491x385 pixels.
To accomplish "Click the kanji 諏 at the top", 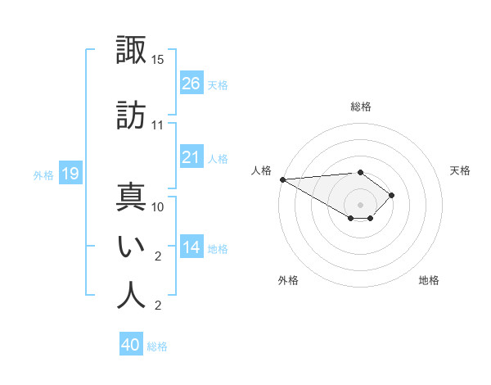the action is tap(131, 49).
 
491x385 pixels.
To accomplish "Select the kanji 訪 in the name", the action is tap(131, 115).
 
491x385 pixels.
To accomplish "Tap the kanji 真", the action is tap(131, 197).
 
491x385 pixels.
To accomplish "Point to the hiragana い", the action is tap(131, 247).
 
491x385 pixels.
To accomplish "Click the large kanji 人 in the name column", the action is tap(131, 295).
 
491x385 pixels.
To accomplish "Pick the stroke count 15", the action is tap(157, 60).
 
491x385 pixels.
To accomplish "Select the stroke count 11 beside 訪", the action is tap(157, 125).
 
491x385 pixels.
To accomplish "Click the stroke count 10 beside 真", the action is tap(157, 207).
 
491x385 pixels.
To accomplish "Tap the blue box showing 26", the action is tap(191, 83).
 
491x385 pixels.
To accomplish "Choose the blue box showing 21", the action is tap(191, 156).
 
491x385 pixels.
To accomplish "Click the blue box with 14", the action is tap(191, 246).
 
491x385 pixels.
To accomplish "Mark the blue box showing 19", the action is tap(70, 173).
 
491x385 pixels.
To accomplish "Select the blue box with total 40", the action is tap(131, 343).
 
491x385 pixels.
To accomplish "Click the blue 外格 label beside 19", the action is tap(43, 175).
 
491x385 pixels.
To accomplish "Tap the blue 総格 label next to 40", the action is tap(157, 346).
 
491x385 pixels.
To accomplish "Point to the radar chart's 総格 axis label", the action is tap(361, 106).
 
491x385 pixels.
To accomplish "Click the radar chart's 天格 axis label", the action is tap(460, 170).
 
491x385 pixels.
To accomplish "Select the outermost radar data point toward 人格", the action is tap(283, 179).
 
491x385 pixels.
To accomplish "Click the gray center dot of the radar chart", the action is tap(360, 205).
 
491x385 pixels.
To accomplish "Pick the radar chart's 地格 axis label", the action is tap(429, 280).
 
